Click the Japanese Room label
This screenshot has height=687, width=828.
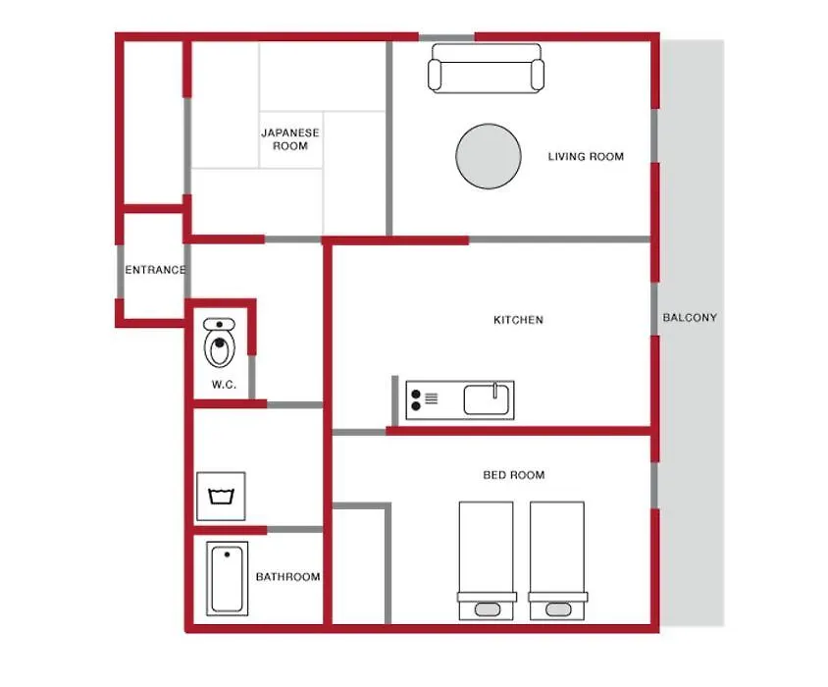pyautogui.click(x=290, y=139)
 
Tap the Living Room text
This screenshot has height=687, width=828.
pyautogui.click(x=586, y=156)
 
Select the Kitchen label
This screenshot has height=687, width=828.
pyautogui.click(x=518, y=320)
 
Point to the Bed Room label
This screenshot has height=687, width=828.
pyautogui.click(x=514, y=475)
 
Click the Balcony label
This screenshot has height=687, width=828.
pyautogui.click(x=690, y=318)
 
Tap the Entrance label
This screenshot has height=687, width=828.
pyautogui.click(x=155, y=270)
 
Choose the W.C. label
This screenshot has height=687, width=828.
pyautogui.click(x=224, y=384)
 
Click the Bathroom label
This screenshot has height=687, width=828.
pyautogui.click(x=287, y=576)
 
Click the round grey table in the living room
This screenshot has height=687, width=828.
pyautogui.click(x=489, y=156)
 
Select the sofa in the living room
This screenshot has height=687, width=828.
pyautogui.click(x=486, y=69)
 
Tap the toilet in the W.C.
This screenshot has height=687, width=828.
pyautogui.click(x=219, y=343)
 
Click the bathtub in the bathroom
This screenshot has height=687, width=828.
pyautogui.click(x=227, y=579)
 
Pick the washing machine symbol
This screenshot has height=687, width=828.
pyautogui.click(x=222, y=497)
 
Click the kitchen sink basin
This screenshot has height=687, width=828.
pyautogui.click(x=487, y=399)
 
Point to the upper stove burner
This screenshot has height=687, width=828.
pyautogui.click(x=416, y=395)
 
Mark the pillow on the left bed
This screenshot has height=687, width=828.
pyautogui.click(x=487, y=609)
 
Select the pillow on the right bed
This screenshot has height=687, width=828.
pyautogui.click(x=558, y=609)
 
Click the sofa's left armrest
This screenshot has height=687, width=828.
pyautogui.click(x=435, y=75)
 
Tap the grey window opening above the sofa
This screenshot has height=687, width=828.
pyautogui.click(x=446, y=37)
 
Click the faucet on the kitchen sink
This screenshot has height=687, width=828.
pyautogui.click(x=495, y=391)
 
